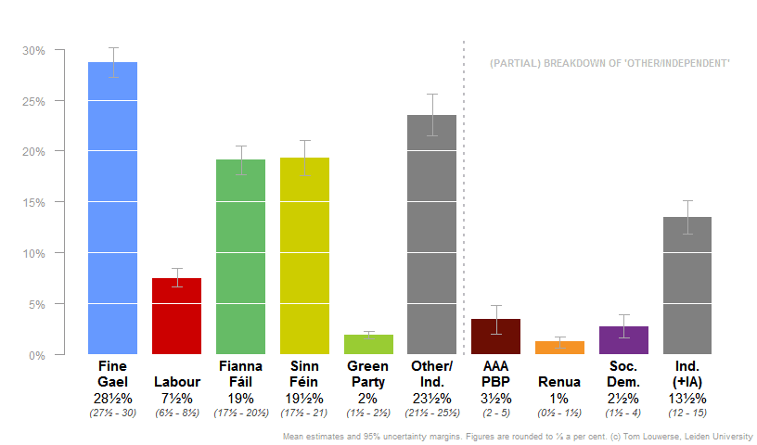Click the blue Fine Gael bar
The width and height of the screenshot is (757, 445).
click(x=112, y=208)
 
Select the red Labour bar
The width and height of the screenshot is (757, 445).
click(x=176, y=315)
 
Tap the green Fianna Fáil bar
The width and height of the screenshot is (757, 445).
click(x=240, y=256)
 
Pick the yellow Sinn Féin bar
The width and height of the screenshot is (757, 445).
click(x=304, y=255)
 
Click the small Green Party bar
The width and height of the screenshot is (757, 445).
click(x=368, y=344)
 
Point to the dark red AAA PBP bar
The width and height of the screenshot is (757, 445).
click(x=496, y=337)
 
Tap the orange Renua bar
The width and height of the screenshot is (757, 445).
click(x=559, y=348)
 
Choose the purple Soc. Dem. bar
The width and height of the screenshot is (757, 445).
click(x=623, y=340)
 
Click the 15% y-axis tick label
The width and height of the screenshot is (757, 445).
click(x=33, y=202)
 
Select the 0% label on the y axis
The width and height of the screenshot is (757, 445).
click(x=37, y=355)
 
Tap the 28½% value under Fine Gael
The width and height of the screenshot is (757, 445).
click(x=112, y=399)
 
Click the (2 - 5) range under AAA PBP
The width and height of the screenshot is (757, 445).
click(x=496, y=413)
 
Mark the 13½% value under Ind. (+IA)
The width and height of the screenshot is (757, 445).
click(x=687, y=399)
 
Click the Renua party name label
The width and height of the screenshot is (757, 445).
click(x=559, y=382)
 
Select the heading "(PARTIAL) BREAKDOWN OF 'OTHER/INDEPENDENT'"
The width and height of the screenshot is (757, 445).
click(x=609, y=63)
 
